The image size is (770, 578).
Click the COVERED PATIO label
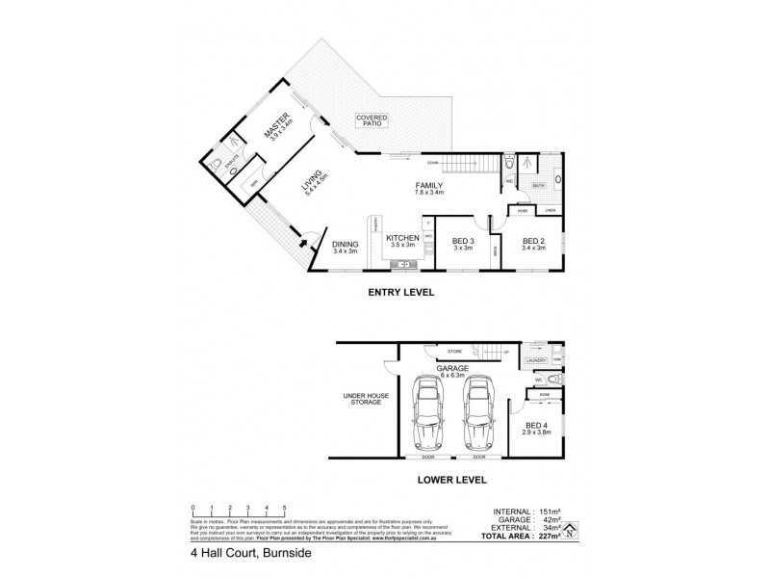click(x=371, y=119)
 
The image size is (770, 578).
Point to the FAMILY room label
click(x=428, y=186)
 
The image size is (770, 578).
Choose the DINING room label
click(x=346, y=245)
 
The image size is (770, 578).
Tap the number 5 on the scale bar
click(x=284, y=507)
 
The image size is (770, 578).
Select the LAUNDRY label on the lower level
click(x=538, y=360)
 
